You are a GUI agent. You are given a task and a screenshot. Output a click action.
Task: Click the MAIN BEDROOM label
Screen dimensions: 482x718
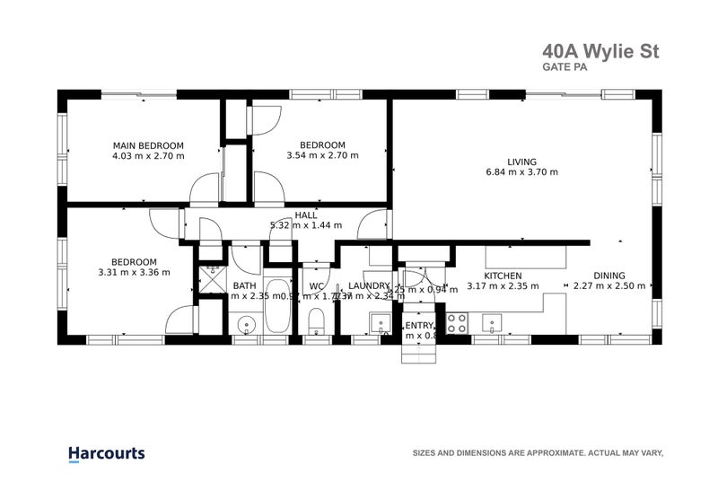148,145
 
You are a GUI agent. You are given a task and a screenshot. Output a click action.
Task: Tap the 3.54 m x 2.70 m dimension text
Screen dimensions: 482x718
322,155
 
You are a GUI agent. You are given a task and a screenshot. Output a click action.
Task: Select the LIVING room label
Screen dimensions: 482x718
521,162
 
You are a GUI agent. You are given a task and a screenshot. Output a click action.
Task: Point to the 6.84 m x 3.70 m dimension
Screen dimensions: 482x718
521,172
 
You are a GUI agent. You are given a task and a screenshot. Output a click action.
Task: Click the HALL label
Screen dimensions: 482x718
306,215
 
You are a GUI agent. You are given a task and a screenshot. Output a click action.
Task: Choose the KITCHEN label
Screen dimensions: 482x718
503,276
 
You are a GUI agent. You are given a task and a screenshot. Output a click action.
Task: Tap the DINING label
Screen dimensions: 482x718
609,276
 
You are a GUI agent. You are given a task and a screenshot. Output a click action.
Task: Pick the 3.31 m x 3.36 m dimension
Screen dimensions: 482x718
134,272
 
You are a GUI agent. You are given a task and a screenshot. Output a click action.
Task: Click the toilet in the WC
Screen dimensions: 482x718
316,321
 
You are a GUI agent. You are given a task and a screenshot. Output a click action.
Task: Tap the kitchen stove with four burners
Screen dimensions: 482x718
457,323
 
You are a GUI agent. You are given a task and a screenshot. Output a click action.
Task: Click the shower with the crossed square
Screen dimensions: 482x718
213,280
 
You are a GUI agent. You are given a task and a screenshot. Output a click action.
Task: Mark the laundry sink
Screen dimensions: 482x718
381,323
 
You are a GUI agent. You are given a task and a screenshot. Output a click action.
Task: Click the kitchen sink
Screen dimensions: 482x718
491,321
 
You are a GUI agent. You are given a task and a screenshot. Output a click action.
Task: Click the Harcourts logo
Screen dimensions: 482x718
106,454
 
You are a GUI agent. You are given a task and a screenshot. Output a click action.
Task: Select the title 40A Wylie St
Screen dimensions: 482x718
600,52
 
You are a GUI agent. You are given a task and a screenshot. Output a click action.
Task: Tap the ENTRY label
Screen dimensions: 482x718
419,325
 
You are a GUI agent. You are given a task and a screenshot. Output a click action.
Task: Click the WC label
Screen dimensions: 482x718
316,286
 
